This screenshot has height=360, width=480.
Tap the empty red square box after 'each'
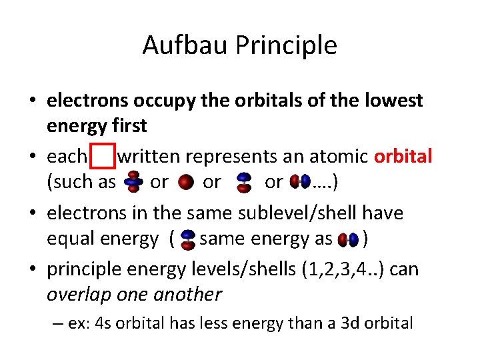point(102,157)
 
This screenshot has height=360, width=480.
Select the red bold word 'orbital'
point(403,157)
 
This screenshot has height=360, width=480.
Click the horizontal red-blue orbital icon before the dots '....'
point(301,182)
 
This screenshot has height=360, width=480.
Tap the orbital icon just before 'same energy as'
point(188,239)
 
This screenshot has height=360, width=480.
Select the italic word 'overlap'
point(75,293)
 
